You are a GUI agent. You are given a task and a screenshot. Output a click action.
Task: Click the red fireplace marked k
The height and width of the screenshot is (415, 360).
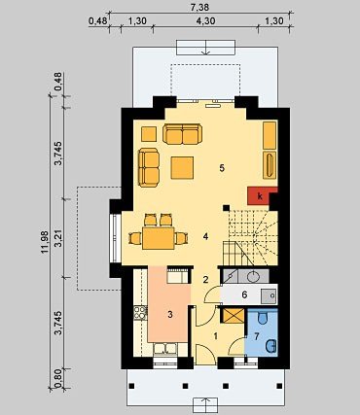click(259, 196)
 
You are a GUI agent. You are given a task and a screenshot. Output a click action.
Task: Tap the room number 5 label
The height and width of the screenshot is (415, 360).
click(222, 168)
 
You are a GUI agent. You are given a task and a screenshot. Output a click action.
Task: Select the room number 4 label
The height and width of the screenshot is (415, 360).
click(205, 236)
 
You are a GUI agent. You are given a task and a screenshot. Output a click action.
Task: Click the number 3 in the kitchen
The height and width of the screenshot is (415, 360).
click(170, 314)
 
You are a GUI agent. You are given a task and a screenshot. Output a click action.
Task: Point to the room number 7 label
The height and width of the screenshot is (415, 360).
click(257, 336)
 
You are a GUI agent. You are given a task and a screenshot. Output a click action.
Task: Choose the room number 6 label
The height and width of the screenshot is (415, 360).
click(244, 294)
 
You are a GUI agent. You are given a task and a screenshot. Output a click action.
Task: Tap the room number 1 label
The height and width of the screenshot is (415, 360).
click(216, 336)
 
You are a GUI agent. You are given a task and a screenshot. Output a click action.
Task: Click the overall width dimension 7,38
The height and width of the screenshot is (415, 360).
click(200, 7)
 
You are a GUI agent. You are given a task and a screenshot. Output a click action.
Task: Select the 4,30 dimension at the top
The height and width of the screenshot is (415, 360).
click(205, 21)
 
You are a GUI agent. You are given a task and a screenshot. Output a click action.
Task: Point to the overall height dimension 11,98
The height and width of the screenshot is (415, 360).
click(45, 242)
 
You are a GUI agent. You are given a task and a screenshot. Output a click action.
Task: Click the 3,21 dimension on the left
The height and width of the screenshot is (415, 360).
click(58, 238)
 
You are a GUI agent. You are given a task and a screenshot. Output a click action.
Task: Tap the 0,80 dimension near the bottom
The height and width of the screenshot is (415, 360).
click(58, 378)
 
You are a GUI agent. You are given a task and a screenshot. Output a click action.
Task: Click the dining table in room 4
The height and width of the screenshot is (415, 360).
click(159, 238)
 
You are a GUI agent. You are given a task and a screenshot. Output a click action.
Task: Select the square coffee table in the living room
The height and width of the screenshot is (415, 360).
click(182, 167)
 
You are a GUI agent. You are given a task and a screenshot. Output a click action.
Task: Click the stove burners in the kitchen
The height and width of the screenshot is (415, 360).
click(140, 313)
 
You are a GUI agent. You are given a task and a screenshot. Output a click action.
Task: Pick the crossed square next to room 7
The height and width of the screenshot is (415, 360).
click(234, 316)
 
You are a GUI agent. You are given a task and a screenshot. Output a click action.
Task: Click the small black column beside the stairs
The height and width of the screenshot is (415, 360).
click(226, 208)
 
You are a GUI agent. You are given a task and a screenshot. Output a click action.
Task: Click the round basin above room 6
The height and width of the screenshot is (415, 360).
click(253, 276)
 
